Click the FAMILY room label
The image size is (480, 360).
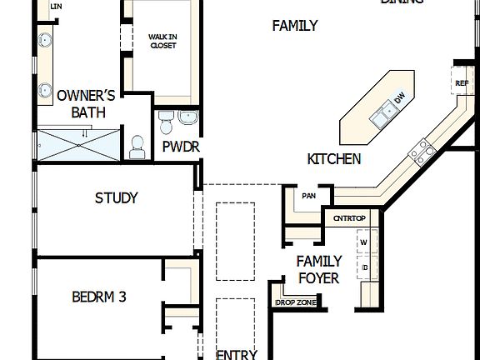[x=295, y=26]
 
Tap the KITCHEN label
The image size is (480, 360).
[x=334, y=158]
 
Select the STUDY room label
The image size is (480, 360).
[x=117, y=198]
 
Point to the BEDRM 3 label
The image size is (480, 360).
[x=99, y=296]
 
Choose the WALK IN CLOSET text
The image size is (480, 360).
[x=162, y=41]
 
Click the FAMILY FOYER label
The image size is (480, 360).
[x=318, y=269]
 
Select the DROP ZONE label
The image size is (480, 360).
[x=296, y=302]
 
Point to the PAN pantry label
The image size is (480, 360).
[x=308, y=197]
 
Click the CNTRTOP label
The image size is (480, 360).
[x=350, y=218]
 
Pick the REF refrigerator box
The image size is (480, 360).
[x=462, y=83]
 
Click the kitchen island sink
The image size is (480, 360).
[x=384, y=114]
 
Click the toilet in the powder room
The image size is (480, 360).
[x=166, y=124]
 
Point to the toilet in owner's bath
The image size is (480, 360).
[x=137, y=147]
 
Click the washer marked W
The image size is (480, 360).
[x=364, y=242]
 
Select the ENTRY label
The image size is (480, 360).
[x=237, y=354]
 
